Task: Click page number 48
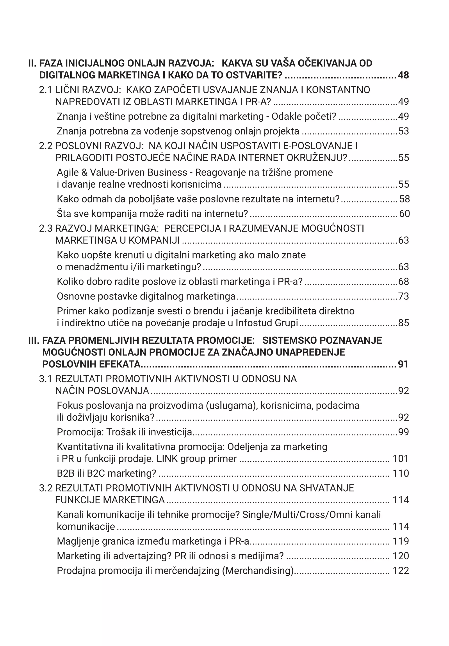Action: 403,75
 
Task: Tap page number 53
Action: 403,131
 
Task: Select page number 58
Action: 404,199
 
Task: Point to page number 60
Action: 404,214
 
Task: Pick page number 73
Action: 403,296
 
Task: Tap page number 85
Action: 403,323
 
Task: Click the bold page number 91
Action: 403,364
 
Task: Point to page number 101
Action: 401,459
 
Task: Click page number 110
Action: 401,473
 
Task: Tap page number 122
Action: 401,571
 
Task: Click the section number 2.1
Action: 46,90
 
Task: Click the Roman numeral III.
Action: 34,340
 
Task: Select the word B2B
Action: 66,473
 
